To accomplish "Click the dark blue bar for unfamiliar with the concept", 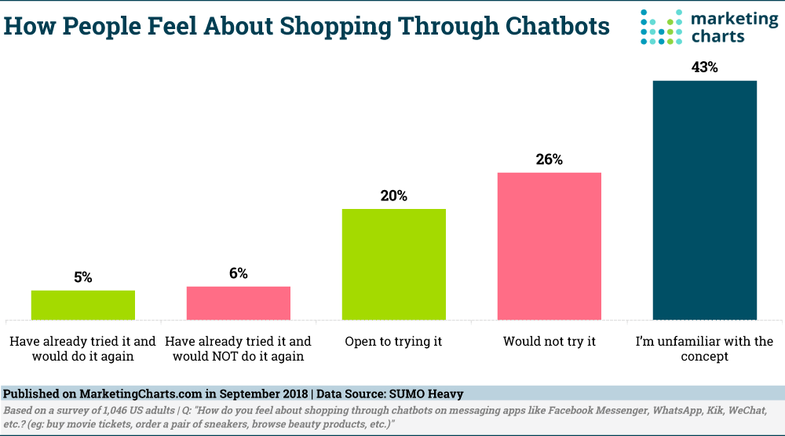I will point(704,200).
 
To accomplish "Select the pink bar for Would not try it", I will point(549,246).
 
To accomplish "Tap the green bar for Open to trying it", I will point(393,264).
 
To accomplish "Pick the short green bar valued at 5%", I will point(82,305).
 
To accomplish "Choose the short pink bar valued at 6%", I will point(238,303).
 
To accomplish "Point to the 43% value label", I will point(704,68).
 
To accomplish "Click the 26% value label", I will point(549,159).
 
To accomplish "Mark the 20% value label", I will point(393,196).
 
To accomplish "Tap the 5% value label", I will point(83,277).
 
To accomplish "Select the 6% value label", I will point(239,273).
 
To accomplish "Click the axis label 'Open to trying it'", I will point(393,342).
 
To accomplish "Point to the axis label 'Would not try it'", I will point(549,342).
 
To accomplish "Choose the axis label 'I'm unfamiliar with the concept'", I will point(704,349).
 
